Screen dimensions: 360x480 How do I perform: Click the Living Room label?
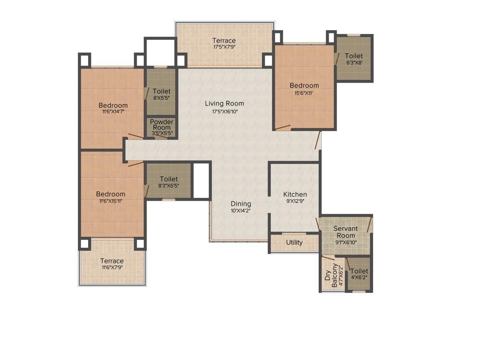(x=224, y=104)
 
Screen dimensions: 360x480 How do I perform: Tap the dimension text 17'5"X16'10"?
(x=224, y=112)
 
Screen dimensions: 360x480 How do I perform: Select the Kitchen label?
(x=295, y=194)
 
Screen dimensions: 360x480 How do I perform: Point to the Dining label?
(x=240, y=204)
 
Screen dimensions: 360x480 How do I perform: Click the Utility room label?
(x=294, y=242)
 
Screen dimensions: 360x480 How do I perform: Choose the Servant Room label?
(x=345, y=232)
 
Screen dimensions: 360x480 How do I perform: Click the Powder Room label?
(x=161, y=125)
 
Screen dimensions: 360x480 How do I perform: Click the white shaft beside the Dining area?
(x=201, y=180)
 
